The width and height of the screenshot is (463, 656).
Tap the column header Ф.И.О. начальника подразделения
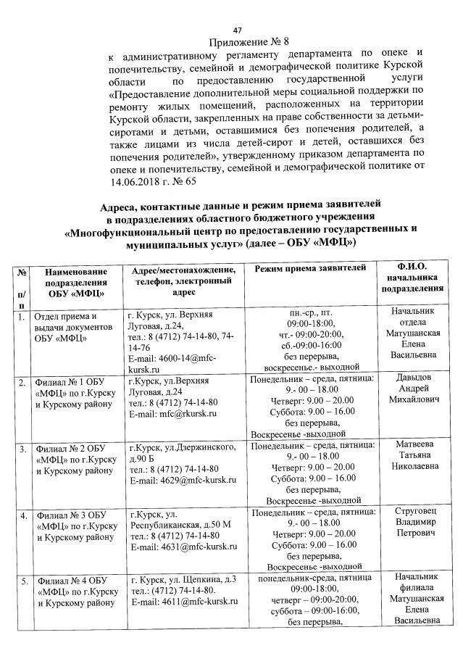411,280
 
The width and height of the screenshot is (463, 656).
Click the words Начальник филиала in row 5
411,583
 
